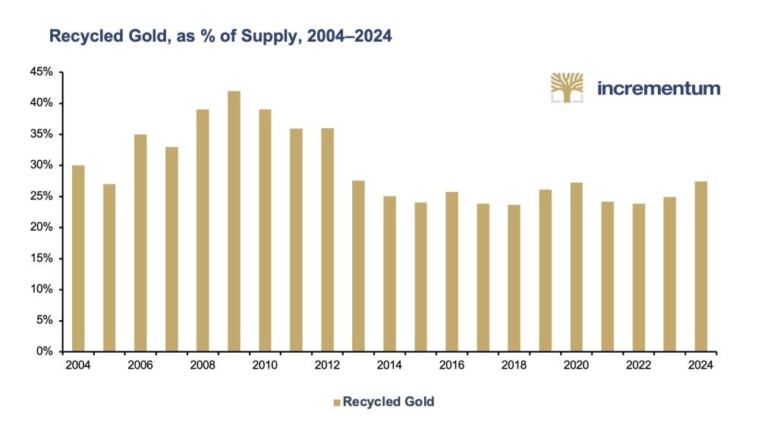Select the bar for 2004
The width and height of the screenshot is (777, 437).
[x=78, y=258]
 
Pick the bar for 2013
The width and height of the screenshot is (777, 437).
[x=358, y=266]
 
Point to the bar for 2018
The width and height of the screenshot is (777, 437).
[x=514, y=278]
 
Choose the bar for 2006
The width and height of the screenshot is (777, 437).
[x=140, y=243]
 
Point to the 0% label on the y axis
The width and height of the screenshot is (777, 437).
[x=45, y=352]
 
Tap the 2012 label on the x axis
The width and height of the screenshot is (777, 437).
[x=327, y=366]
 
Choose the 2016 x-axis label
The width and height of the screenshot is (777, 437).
[x=451, y=366]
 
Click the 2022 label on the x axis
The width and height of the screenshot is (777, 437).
[x=639, y=366]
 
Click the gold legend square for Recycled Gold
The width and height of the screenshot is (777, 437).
[x=337, y=402]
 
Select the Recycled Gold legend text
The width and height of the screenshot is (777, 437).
[x=388, y=402]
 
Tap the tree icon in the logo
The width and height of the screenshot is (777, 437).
[x=568, y=87]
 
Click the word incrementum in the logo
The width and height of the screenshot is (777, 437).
[x=659, y=88]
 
